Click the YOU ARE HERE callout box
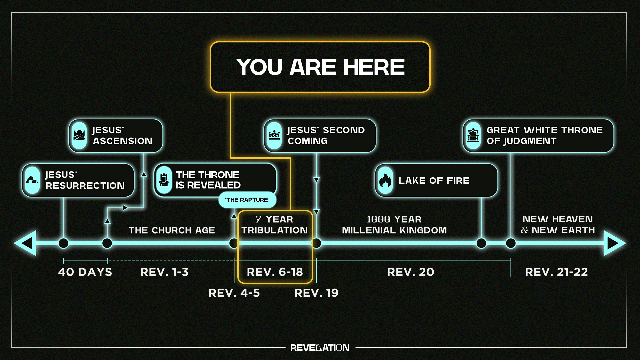coord(320,67)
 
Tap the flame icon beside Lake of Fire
coord(385,180)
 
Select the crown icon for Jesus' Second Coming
coord(274,136)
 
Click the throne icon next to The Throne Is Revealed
coord(164,180)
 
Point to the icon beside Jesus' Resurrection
coord(32,180)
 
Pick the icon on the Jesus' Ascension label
coord(79,136)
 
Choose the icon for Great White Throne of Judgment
coord(473,136)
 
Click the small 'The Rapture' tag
coord(247,200)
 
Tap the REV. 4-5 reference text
coord(234,293)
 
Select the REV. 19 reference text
coord(316,293)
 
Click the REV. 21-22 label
coord(556,272)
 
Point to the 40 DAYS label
coord(85,272)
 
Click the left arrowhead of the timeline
coord(25,243)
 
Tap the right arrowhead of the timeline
coord(614,243)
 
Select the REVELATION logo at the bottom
coord(320,348)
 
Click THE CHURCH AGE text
coord(172,230)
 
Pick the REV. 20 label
coord(411,272)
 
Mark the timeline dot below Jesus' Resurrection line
coord(63,243)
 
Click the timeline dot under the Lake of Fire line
coord(481,243)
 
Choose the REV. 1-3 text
coord(164,272)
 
